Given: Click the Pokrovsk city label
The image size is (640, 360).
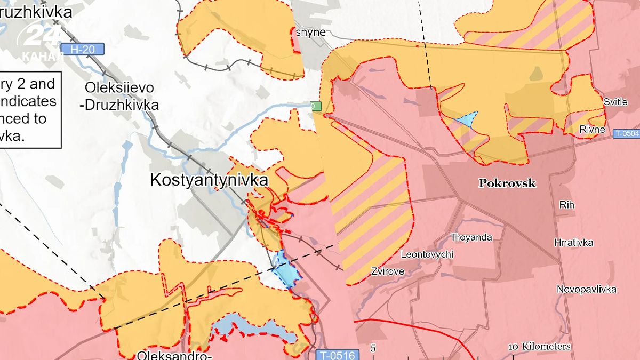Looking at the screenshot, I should (507, 183).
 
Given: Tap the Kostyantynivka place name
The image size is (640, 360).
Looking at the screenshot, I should (209, 180).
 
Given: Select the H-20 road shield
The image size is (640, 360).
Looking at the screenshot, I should (83, 50).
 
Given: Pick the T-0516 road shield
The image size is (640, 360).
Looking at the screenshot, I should (338, 354).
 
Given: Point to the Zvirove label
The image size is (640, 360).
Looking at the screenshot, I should (387, 271).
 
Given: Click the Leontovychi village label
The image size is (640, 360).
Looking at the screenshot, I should (427, 254).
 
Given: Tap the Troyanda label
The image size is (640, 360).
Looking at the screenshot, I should (471, 237).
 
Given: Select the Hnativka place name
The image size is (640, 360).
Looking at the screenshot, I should (573, 243).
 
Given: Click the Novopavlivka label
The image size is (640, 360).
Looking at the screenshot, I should (586, 290).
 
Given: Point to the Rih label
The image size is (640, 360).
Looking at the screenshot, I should (566, 204).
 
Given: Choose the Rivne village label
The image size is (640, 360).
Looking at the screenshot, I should (592, 130).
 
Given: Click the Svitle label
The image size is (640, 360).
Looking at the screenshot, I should (615, 102).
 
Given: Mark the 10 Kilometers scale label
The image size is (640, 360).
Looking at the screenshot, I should (539, 347).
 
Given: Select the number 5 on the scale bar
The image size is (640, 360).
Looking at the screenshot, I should (373, 348).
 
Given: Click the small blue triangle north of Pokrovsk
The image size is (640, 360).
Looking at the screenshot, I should (466, 119).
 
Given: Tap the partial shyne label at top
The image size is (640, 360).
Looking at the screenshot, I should (310, 32).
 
